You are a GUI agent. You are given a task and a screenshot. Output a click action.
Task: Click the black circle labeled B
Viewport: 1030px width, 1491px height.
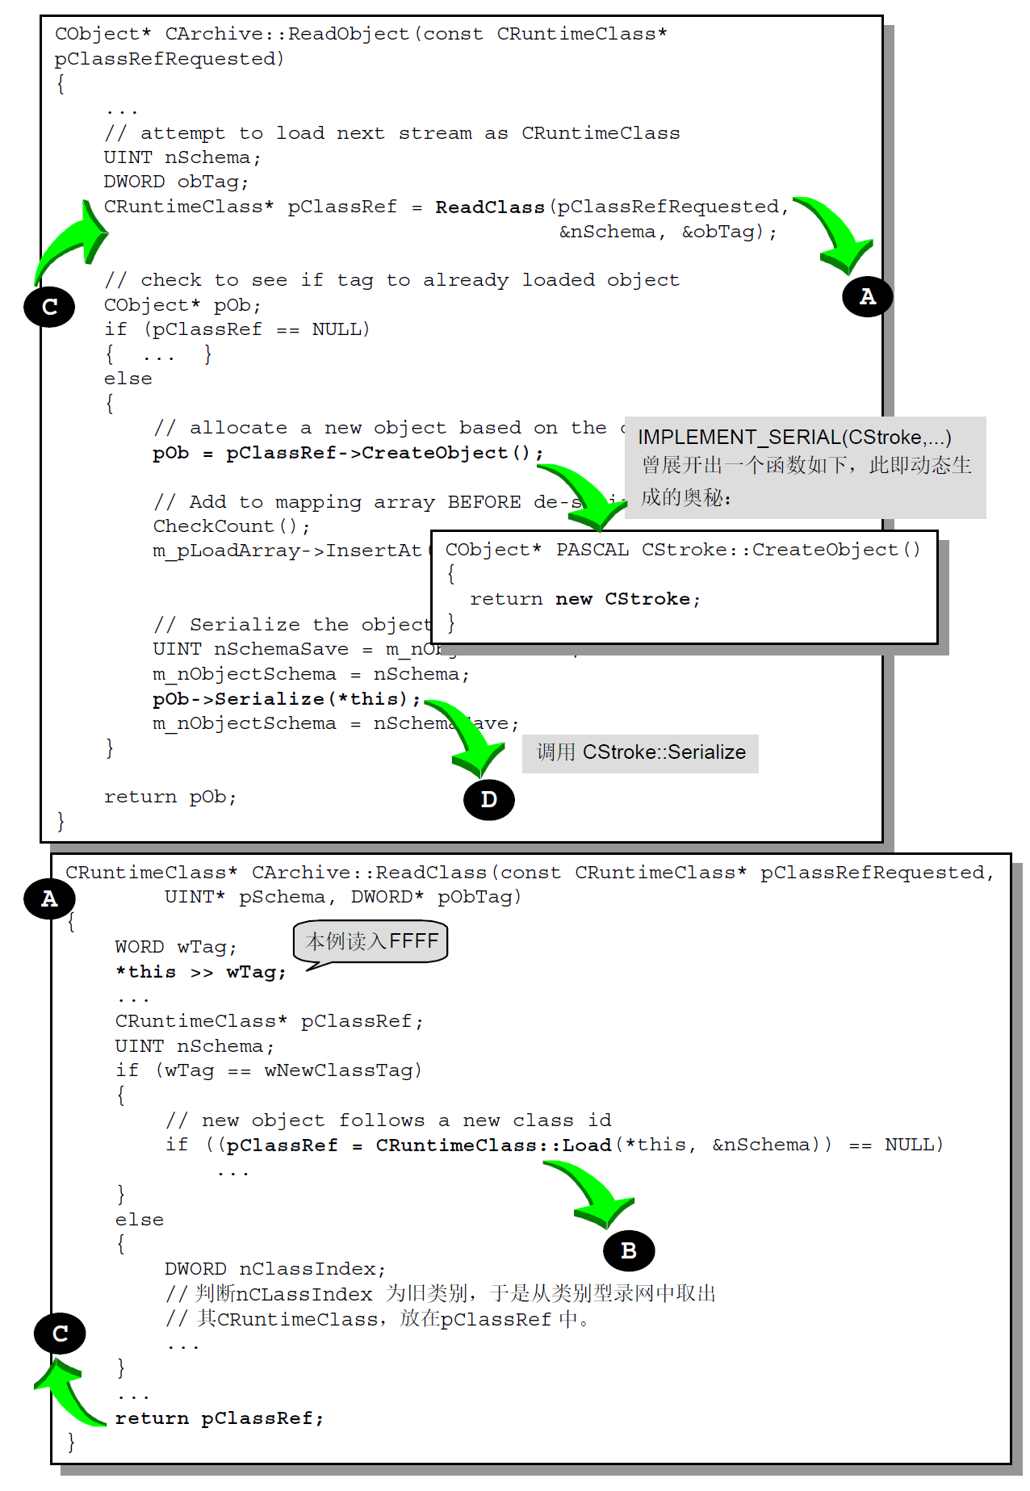pos(629,1250)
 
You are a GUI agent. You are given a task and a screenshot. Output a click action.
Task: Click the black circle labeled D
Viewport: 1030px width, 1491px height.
pos(488,799)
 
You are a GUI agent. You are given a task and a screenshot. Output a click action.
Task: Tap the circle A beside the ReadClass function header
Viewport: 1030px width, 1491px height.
pos(49,898)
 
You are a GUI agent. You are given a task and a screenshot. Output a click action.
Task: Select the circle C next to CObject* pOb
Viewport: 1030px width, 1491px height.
pos(49,307)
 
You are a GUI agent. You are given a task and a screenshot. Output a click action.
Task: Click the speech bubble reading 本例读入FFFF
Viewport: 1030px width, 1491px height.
pos(371,942)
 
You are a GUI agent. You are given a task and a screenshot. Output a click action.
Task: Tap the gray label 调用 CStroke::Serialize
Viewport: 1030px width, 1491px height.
pos(640,752)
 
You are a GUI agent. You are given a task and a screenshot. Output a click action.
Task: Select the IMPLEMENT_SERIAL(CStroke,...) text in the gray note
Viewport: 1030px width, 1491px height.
pos(794,438)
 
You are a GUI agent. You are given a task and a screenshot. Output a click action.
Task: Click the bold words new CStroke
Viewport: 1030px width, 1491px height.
pos(626,599)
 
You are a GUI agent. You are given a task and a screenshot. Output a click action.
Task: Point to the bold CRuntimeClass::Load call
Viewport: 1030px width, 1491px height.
pos(493,1145)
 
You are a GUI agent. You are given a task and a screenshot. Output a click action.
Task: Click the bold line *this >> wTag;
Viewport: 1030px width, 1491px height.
pos(201,972)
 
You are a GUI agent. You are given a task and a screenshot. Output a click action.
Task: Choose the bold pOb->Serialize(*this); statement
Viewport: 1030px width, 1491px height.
pos(287,698)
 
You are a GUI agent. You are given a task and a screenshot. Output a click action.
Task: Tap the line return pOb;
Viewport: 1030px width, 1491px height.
pos(170,797)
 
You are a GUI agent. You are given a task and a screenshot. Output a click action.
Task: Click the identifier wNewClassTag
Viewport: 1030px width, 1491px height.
pos(342,1070)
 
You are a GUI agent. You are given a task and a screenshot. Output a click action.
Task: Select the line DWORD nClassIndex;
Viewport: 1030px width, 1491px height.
pos(274,1269)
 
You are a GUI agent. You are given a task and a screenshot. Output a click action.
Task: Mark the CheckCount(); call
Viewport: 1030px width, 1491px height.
pos(231,526)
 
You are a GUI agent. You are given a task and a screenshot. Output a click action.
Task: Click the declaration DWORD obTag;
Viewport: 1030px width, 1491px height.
pos(175,182)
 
